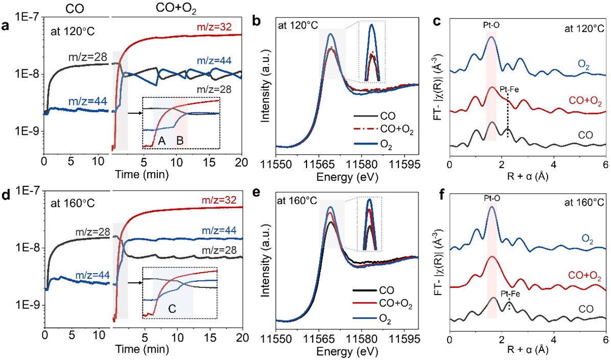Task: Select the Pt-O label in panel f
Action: (x=491, y=196)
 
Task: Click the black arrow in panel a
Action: (x=134, y=108)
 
